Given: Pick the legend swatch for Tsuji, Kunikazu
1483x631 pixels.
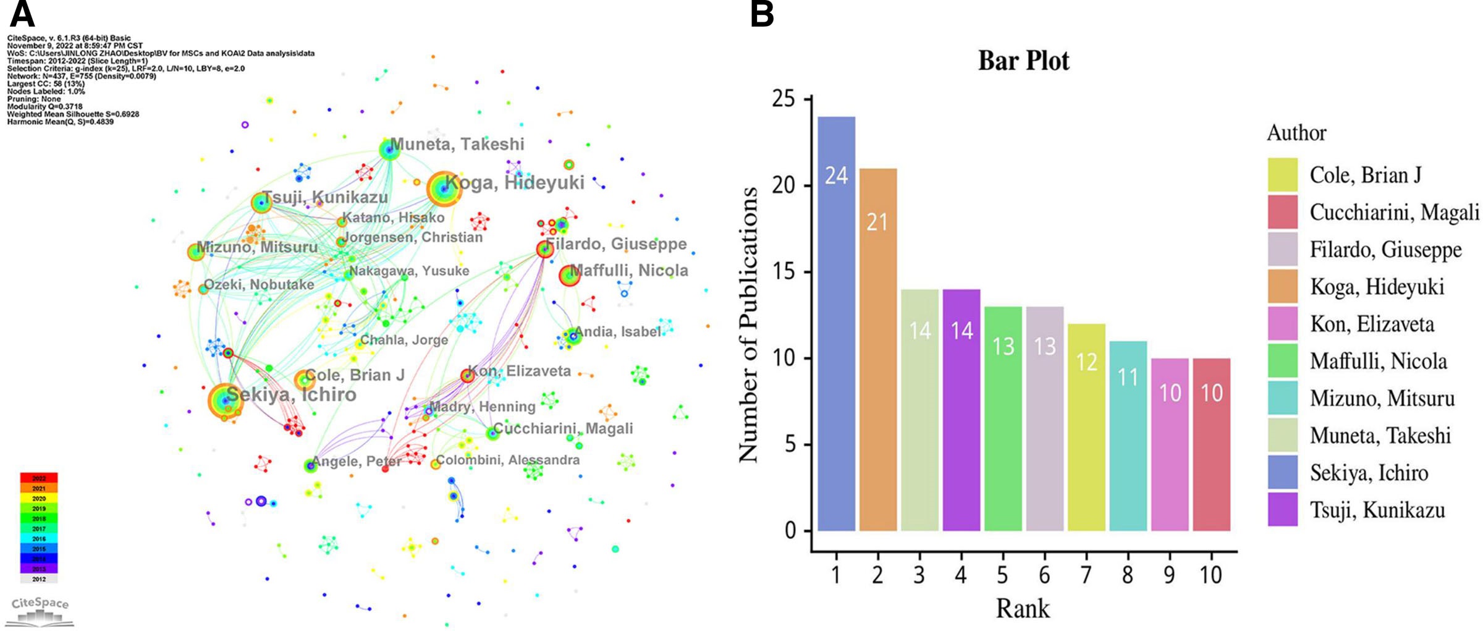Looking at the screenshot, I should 1282,509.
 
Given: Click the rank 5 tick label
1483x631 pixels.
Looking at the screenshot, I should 1002,575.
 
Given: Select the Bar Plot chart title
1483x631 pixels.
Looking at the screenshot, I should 1023,61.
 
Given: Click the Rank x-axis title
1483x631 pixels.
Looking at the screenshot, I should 1022,609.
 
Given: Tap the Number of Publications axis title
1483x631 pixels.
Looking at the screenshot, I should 748,324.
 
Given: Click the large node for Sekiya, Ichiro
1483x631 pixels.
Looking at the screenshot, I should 224,400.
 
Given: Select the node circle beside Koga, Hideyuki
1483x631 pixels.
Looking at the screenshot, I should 444,188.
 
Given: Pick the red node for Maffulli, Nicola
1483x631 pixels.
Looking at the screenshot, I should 569,276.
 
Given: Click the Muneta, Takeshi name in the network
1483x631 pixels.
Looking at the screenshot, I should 457,145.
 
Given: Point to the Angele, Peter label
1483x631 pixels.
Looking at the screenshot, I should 357,462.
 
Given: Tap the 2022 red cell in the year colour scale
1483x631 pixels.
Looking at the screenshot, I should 38,478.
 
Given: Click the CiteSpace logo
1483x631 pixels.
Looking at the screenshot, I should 40,611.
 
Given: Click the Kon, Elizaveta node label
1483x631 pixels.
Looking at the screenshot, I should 519,371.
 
